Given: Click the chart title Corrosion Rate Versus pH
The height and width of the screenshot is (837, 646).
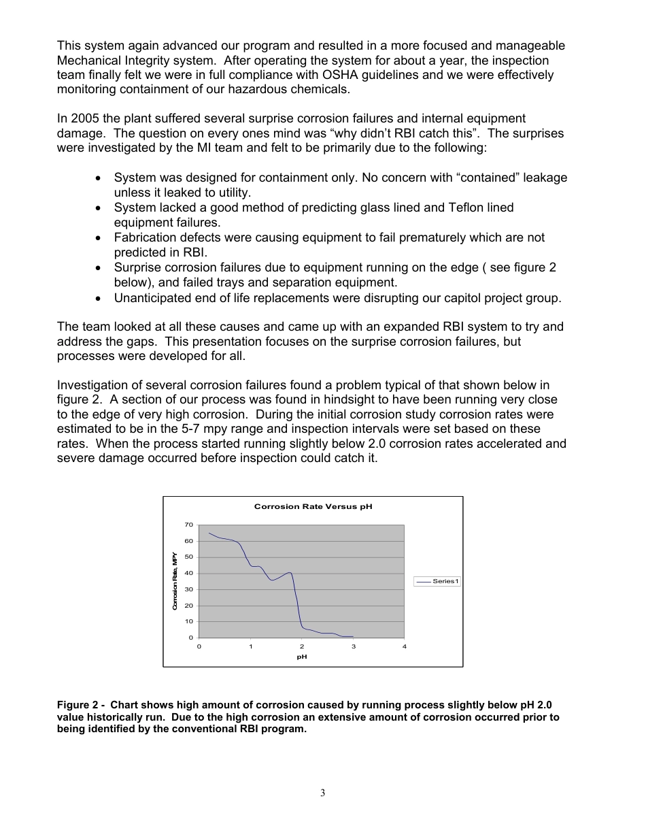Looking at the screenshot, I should (x=313, y=507).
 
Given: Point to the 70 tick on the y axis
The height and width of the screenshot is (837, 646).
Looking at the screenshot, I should (x=188, y=525).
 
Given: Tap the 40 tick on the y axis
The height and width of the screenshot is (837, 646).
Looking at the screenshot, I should (x=188, y=573).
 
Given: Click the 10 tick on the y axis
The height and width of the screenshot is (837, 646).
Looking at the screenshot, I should (x=188, y=621).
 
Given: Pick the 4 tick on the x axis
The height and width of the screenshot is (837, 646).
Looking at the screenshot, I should (x=405, y=646).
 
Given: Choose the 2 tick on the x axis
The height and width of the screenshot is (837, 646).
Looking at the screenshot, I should (x=302, y=646).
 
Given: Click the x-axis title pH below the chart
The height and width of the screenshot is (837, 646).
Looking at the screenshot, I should (x=302, y=657).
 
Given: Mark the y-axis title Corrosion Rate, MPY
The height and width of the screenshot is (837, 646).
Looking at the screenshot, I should (x=175, y=580).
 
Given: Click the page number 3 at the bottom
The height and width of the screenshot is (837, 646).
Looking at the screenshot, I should (x=323, y=793).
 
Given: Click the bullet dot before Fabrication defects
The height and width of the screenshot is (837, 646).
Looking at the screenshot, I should (x=99, y=238).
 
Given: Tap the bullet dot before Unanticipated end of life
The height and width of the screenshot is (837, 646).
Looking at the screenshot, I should (x=99, y=298).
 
